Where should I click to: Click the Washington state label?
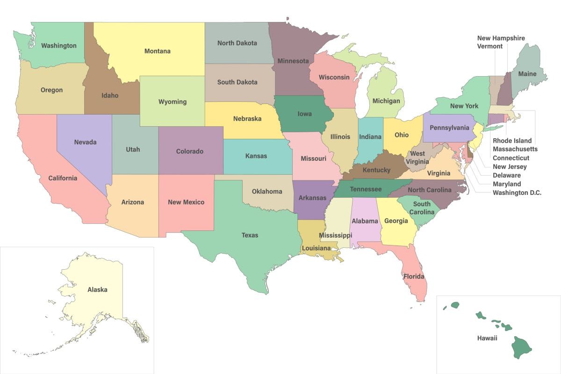coord(58,46)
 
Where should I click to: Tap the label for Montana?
coord(157,51)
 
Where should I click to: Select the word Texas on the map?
coord(250,235)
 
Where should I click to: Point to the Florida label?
coord(414,276)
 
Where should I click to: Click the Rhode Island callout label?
coord(512,141)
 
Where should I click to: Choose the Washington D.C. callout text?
coord(517,193)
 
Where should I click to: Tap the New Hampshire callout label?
coord(501,38)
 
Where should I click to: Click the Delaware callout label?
coord(506,175)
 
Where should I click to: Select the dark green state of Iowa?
coord(303,114)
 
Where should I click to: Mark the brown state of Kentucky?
coord(376,170)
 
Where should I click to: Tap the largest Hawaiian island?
coord(520,349)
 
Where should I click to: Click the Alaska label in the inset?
coord(97,290)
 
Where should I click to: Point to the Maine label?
coord(527,74)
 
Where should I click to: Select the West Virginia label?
coord(417,158)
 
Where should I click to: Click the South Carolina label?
coord(422,208)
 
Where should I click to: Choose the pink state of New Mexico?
coord(186,202)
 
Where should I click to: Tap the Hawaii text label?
coord(488,338)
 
